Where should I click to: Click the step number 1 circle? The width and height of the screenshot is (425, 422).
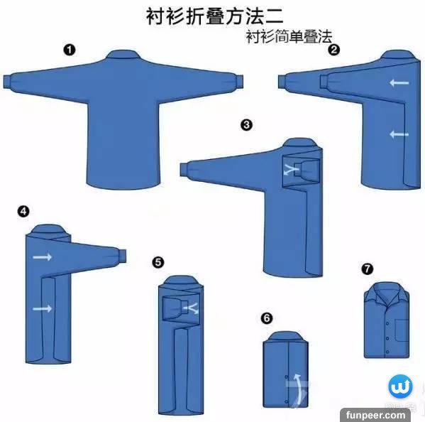(x=70, y=50)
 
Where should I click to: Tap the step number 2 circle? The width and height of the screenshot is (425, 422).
(x=333, y=50)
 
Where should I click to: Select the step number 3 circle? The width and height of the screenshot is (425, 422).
(x=246, y=125)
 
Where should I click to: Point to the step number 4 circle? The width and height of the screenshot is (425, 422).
(x=23, y=211)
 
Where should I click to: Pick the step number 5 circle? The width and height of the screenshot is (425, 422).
(x=158, y=262)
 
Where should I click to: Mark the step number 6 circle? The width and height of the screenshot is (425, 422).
(x=267, y=318)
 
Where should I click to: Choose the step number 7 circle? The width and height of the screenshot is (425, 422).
(x=368, y=269)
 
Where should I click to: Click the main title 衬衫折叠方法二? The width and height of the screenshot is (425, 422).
(x=215, y=16)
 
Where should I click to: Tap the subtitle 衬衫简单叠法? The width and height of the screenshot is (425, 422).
(x=289, y=37)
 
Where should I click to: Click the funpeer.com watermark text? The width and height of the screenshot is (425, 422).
(x=375, y=415)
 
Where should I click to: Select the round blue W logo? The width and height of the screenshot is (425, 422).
(x=400, y=386)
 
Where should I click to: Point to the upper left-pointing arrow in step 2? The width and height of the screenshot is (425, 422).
(x=399, y=82)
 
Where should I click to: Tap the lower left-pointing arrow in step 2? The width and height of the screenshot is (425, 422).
(x=399, y=134)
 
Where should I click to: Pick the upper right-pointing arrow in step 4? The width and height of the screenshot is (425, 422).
(x=43, y=256)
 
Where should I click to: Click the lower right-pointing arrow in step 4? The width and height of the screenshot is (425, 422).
(x=43, y=308)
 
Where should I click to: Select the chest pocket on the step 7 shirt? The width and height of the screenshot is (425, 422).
(x=402, y=330)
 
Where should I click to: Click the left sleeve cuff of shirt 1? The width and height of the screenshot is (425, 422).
(x=7, y=82)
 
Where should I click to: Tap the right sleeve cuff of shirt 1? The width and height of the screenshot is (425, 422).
(x=239, y=82)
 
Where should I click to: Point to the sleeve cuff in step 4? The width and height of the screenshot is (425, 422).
(x=123, y=255)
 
